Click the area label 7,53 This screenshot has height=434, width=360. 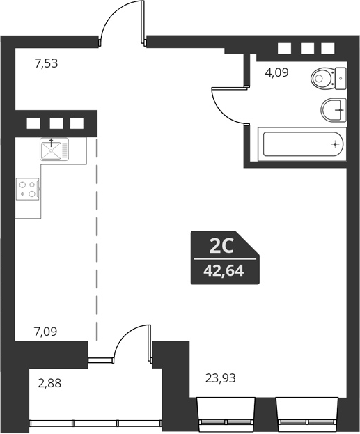tap(46, 63)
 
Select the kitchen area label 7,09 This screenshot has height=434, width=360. tap(46, 332)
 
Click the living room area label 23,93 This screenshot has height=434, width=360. tap(220, 379)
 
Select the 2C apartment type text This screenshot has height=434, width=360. tap(220, 246)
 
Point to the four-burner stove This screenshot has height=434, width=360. tap(28, 189)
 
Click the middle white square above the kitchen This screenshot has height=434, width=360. tap(56, 124)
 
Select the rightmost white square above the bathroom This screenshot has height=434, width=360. tap(328, 49)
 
